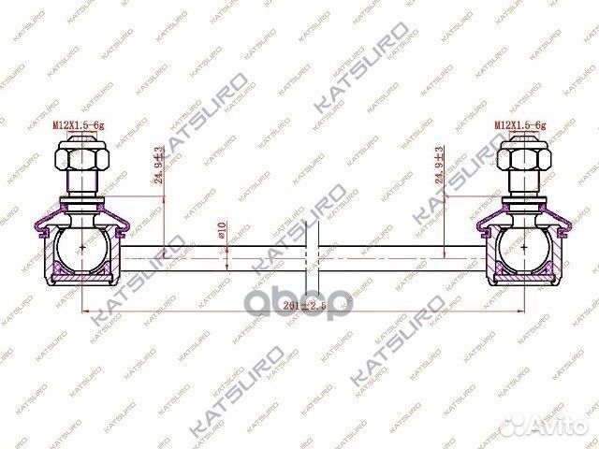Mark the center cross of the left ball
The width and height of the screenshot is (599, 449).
(x=82, y=247)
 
